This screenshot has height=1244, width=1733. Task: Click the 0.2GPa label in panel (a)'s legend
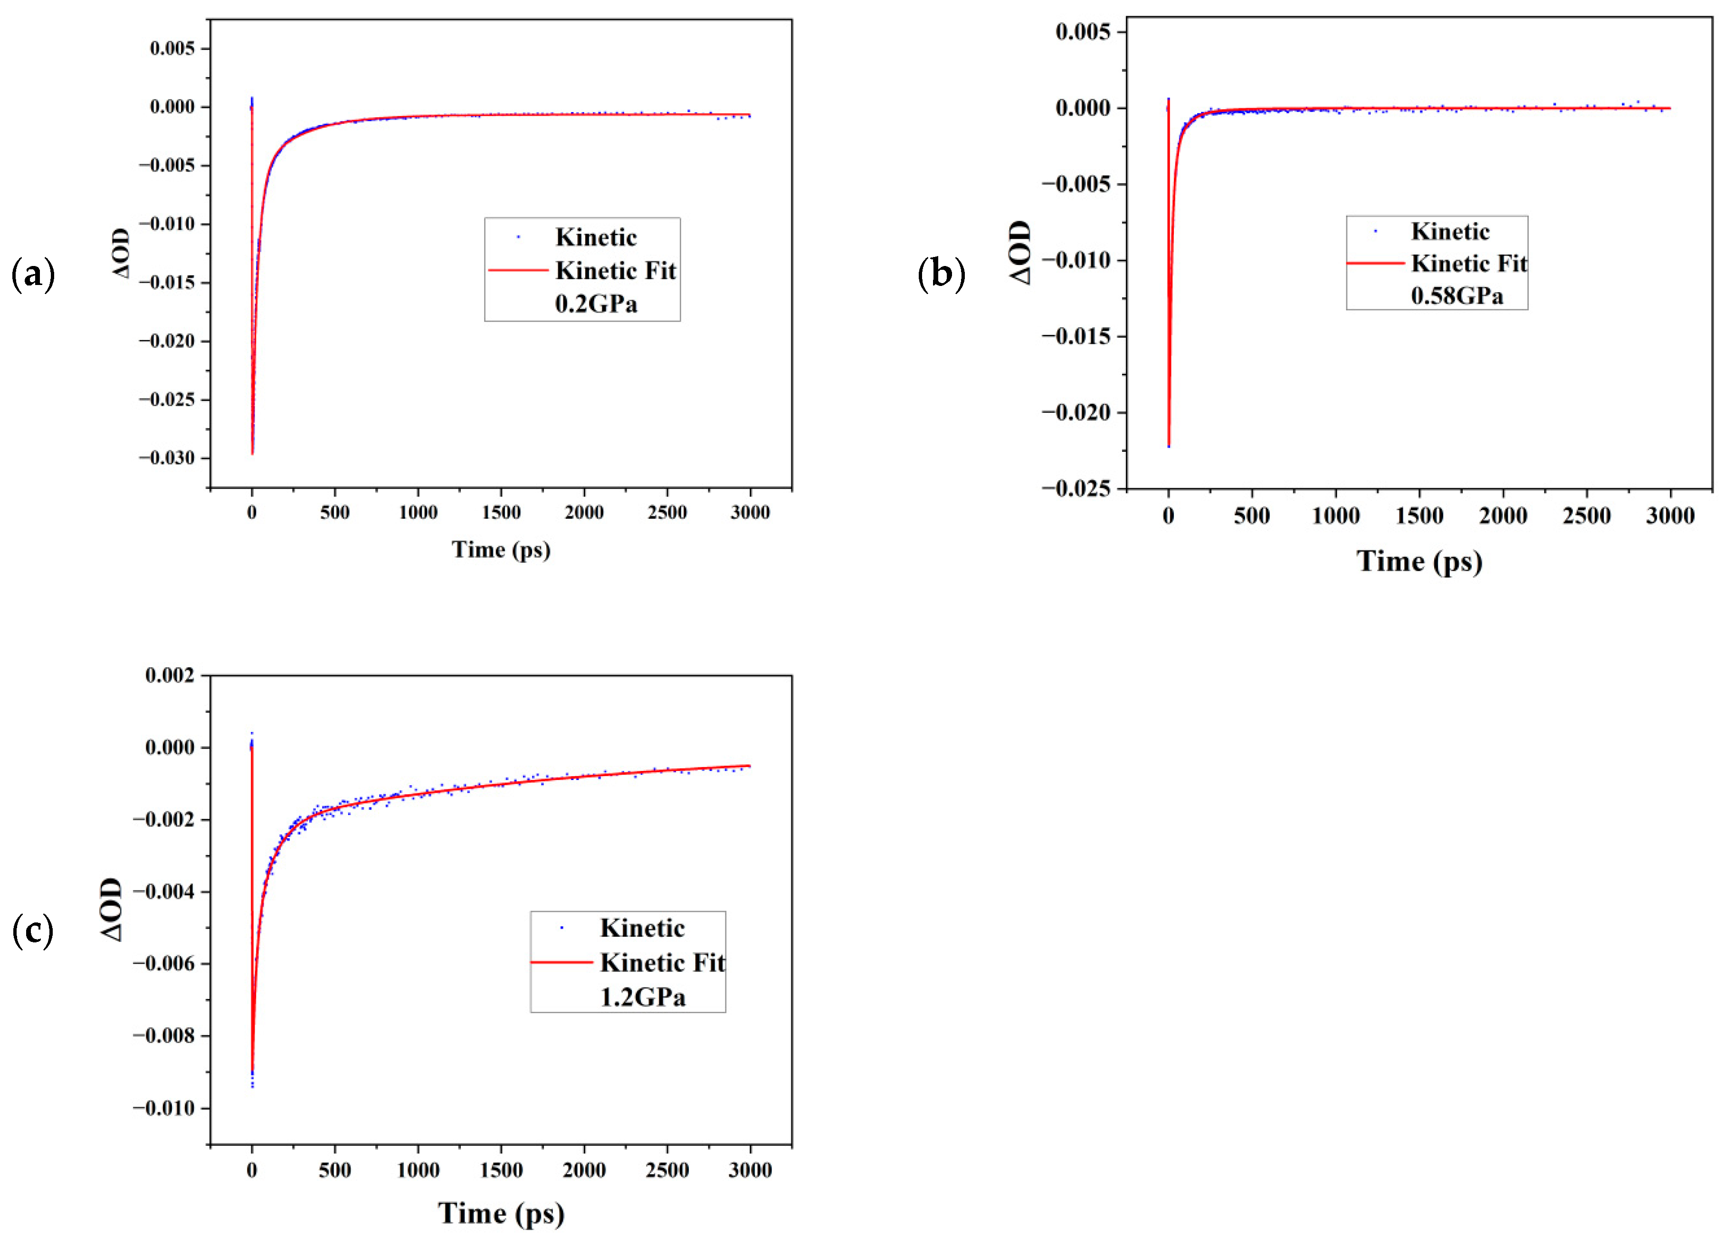coord(596,304)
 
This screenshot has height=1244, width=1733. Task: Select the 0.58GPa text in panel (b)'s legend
coord(1457,296)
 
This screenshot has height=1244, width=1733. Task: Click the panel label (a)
coord(33,274)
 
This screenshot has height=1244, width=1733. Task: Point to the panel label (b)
coord(941,274)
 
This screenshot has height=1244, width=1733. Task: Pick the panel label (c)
coord(33,931)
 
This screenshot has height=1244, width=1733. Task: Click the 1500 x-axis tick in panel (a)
coord(501,513)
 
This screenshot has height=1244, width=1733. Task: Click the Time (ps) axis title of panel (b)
coord(1419,561)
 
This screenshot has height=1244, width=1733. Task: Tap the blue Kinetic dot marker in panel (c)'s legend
coord(562,928)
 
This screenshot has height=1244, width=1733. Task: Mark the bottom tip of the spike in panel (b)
coord(1168,446)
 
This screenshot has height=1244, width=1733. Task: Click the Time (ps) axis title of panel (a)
coord(501,550)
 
